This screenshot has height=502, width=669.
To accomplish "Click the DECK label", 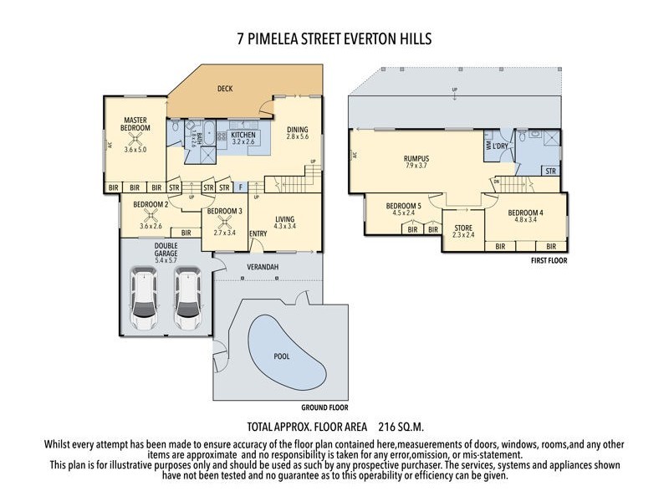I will tap(225, 88).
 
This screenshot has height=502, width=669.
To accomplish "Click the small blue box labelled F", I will tap(241, 187).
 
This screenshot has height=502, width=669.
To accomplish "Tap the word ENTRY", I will tap(258, 233).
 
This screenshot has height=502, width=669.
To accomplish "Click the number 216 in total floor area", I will tap(391, 425).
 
